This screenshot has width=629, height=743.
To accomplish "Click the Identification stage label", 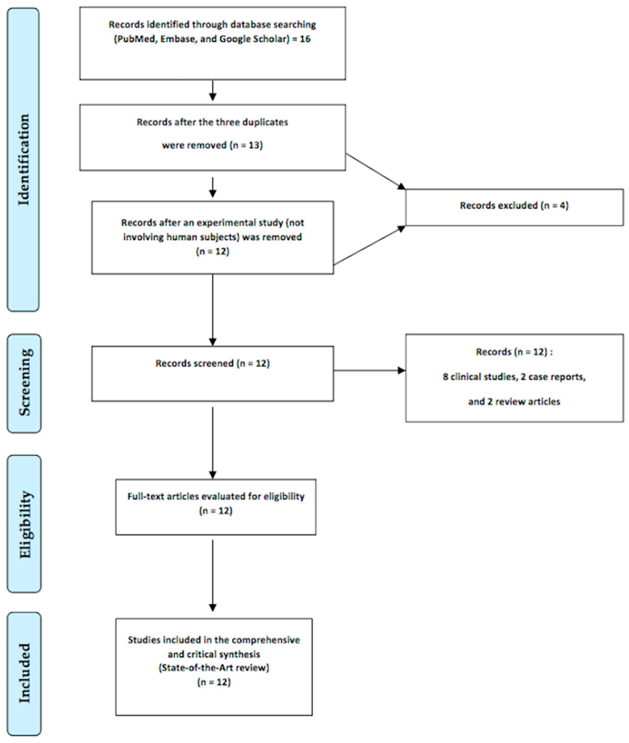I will [x=24, y=159].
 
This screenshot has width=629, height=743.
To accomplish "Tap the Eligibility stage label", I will [x=25, y=524].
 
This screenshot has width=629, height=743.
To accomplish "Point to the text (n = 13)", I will [x=246, y=145].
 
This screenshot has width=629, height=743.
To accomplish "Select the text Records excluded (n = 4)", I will [x=514, y=205].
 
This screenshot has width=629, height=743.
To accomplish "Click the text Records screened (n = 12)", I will [x=212, y=363].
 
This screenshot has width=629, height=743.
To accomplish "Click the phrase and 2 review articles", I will [x=514, y=402].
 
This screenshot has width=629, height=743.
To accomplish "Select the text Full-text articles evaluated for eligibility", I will [x=216, y=497].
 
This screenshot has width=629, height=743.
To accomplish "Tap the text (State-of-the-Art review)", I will [x=214, y=667].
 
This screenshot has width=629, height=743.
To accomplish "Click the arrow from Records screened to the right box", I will [x=369, y=371].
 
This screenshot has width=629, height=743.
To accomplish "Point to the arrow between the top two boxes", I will [x=212, y=91].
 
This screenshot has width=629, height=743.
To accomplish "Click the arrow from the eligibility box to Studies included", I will [x=212, y=574].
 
